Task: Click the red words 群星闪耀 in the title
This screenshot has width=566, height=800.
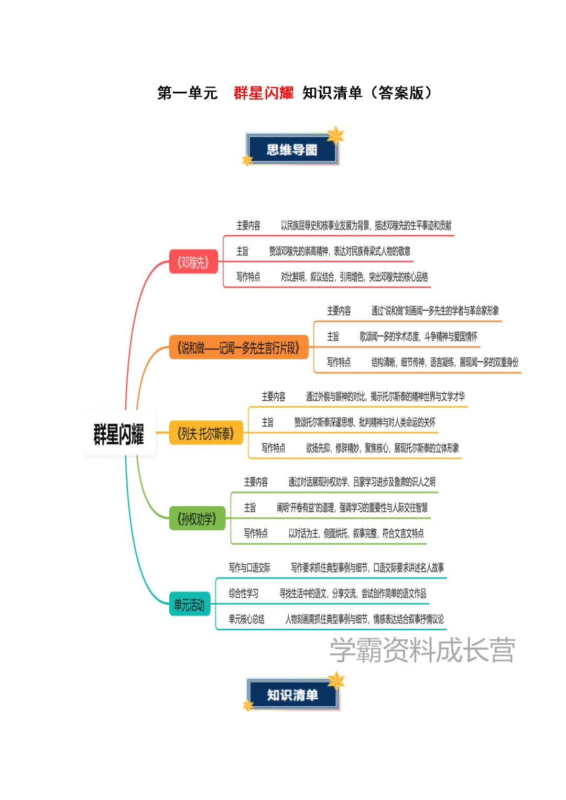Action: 263,93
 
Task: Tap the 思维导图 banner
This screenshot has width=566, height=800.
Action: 292,150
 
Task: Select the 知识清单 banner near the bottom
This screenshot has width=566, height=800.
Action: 292,695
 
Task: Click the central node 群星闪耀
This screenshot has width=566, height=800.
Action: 119,434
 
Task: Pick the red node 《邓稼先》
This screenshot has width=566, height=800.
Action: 193,262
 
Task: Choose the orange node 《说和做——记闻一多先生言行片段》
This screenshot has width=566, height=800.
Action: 238,348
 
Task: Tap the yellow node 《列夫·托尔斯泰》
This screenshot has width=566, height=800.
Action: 205,434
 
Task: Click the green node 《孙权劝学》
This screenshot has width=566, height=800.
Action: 197,519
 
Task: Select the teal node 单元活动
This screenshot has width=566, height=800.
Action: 189,605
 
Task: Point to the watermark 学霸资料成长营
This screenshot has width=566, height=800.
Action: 422,650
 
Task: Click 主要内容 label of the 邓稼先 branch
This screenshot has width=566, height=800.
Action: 248,226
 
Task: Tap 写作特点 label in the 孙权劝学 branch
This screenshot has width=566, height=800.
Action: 256,533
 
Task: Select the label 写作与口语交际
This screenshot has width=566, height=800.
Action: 249,567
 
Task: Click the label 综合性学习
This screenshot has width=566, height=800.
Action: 244,594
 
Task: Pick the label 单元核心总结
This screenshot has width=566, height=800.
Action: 246,619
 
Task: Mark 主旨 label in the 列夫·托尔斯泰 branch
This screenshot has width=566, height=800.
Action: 267,422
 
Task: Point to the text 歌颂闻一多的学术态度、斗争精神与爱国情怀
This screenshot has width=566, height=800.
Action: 418,336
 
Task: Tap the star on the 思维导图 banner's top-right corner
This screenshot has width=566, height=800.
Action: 335,135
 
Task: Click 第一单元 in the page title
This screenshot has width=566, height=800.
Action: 187,93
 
